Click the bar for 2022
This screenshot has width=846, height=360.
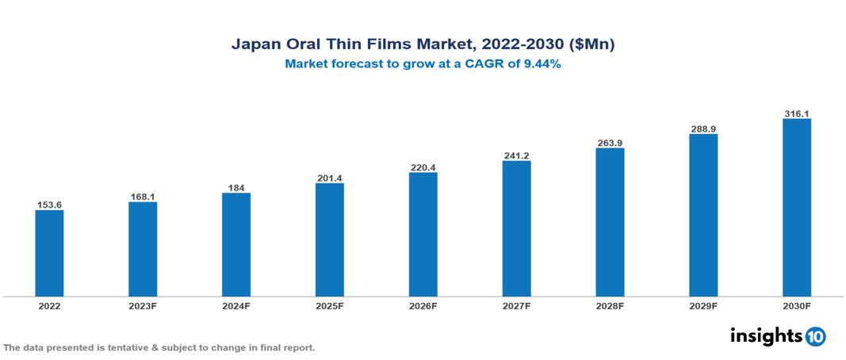(49, 253)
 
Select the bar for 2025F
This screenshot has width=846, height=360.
(329, 239)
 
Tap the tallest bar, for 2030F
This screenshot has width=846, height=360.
(796, 208)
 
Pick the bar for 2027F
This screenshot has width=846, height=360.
(516, 228)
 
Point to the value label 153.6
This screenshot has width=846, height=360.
(49, 205)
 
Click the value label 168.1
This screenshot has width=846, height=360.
(143, 197)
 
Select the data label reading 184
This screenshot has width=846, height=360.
(236, 188)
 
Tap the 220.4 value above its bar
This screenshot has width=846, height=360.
(423, 167)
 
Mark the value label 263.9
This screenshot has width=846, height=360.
(610, 143)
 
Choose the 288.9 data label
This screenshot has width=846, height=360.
(703, 128)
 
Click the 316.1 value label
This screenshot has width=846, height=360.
(796, 113)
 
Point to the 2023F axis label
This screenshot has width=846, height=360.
(143, 305)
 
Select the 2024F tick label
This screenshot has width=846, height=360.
(236, 305)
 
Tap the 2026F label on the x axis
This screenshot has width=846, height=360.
(423, 305)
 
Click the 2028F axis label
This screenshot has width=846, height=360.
(610, 305)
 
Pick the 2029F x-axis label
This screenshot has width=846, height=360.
(703, 305)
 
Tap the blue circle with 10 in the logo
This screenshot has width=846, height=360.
(815, 336)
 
